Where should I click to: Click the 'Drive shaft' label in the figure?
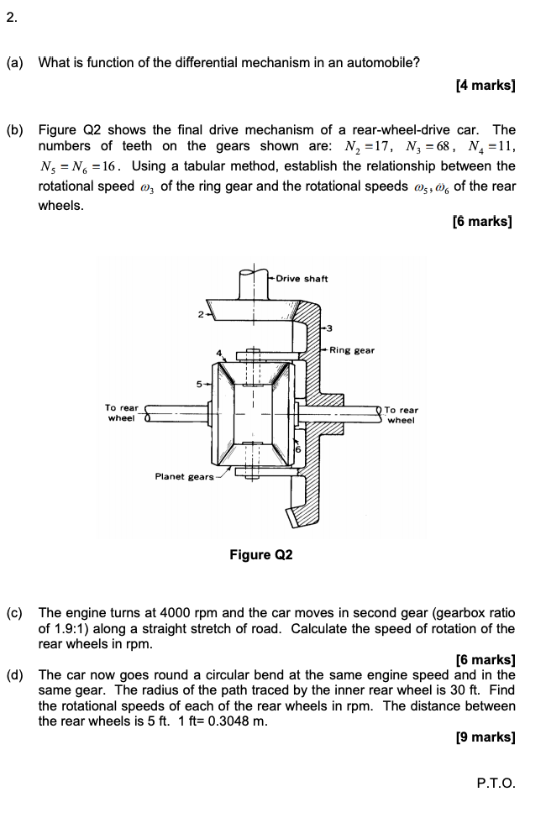[302, 279]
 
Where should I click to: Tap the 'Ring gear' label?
[352, 350]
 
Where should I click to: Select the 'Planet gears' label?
[184, 476]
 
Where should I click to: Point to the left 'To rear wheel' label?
[122, 412]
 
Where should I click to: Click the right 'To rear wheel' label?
[401, 415]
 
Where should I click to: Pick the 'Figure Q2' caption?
[260, 555]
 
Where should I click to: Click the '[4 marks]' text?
[485, 86]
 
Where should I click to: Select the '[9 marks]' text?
[485, 737]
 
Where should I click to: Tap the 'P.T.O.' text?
[496, 783]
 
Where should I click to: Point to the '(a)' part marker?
[15, 62]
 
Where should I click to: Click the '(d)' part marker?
[15, 674]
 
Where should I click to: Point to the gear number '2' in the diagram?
[200, 316]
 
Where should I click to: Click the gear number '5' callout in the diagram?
[200, 385]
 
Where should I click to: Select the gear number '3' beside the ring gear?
[330, 328]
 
